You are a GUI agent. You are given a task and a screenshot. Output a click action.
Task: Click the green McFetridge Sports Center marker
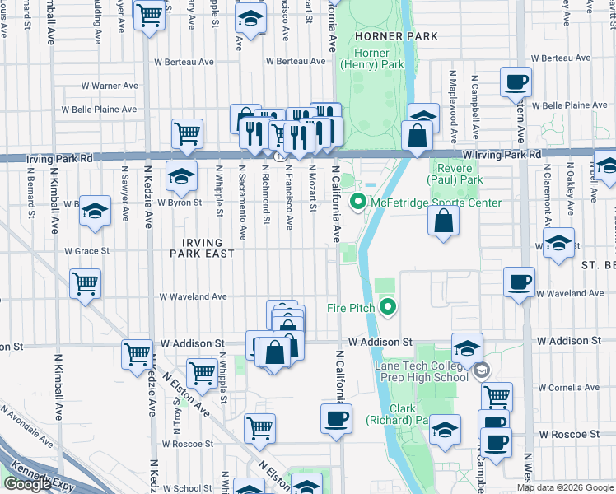pyautogui.click(x=358, y=202)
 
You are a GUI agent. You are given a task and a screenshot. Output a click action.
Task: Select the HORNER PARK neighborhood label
pyautogui.click(x=386, y=38)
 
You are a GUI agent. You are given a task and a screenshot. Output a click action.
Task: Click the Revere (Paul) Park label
pyautogui.click(x=455, y=173)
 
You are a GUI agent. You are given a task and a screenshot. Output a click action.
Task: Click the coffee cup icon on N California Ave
pyautogui.click(x=336, y=418)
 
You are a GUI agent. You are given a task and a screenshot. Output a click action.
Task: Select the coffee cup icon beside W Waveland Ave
pyautogui.click(x=519, y=282)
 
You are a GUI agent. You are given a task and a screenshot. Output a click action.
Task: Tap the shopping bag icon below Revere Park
pyautogui.click(x=443, y=221)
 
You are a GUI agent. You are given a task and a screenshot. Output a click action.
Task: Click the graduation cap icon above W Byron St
pyautogui.click(x=181, y=175)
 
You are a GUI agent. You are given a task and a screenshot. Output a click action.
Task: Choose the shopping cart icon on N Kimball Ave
pyautogui.click(x=85, y=284)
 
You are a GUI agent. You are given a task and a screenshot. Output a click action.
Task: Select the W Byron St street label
pyautogui.click(x=180, y=203)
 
